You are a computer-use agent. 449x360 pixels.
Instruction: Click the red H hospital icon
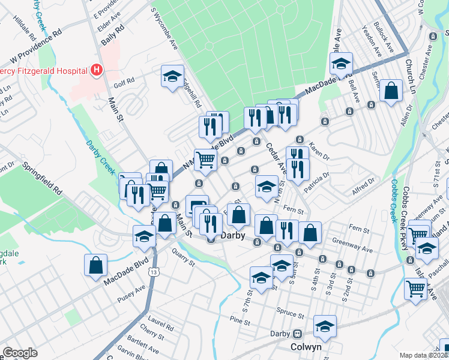(95, 71)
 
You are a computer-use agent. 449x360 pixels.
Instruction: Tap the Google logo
(20, 353)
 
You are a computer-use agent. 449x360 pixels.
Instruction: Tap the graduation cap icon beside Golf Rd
(172, 76)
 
